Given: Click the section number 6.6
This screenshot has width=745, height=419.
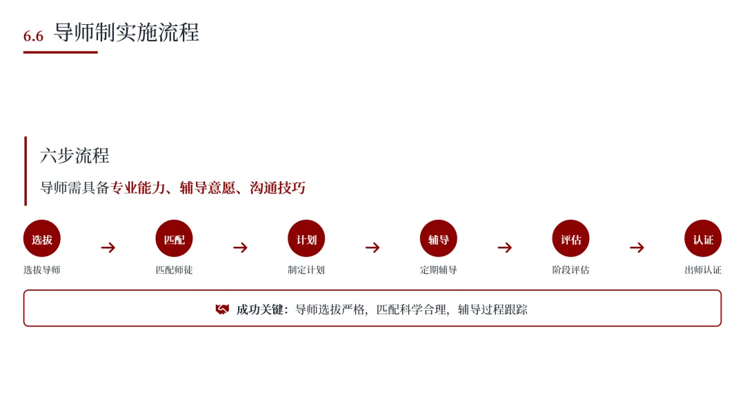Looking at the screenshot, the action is pyautogui.click(x=33, y=36).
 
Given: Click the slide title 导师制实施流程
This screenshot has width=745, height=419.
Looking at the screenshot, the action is pyautogui.click(x=126, y=32).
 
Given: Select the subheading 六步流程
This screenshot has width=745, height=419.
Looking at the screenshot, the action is pyautogui.click(x=74, y=156).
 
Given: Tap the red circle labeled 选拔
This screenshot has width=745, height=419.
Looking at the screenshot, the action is pyautogui.click(x=42, y=238).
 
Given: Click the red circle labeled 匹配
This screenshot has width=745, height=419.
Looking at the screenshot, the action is pyautogui.click(x=174, y=238).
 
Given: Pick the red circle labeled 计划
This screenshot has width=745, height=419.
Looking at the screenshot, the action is pyautogui.click(x=306, y=238).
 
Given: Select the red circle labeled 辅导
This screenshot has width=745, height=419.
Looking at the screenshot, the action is pyautogui.click(x=439, y=238).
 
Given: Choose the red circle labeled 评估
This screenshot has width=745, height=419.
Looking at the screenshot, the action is pyautogui.click(x=570, y=238).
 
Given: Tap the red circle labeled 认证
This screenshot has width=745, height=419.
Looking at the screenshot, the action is pyautogui.click(x=703, y=238).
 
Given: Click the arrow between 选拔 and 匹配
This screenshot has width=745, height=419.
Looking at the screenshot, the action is pyautogui.click(x=108, y=247).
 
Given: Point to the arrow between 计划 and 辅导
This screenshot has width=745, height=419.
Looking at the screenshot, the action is pyautogui.click(x=372, y=247).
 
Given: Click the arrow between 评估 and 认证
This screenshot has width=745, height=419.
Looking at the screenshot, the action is pyautogui.click(x=637, y=247).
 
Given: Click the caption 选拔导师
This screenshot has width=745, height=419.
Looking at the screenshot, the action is pyautogui.click(x=42, y=270).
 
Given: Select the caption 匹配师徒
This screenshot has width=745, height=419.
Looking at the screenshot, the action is pyautogui.click(x=174, y=270).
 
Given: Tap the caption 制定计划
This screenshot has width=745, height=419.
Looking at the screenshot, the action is pyautogui.click(x=306, y=270).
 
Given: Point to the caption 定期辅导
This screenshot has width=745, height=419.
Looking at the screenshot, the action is pyautogui.click(x=439, y=270).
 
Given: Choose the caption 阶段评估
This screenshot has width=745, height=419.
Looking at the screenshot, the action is pyautogui.click(x=570, y=270).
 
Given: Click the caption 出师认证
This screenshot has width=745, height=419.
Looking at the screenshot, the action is pyautogui.click(x=703, y=270).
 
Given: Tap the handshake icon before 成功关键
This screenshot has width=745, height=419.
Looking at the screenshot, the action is pyautogui.click(x=222, y=309).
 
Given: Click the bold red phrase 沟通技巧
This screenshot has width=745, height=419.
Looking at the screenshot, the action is pyautogui.click(x=277, y=188).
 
